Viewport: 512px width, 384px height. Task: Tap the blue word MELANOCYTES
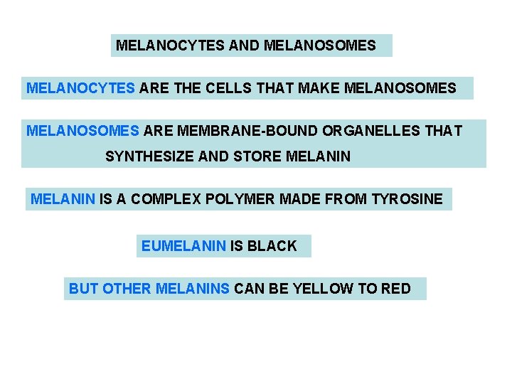(80, 88)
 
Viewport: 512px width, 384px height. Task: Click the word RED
(396, 289)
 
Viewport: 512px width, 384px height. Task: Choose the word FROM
(346, 200)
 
